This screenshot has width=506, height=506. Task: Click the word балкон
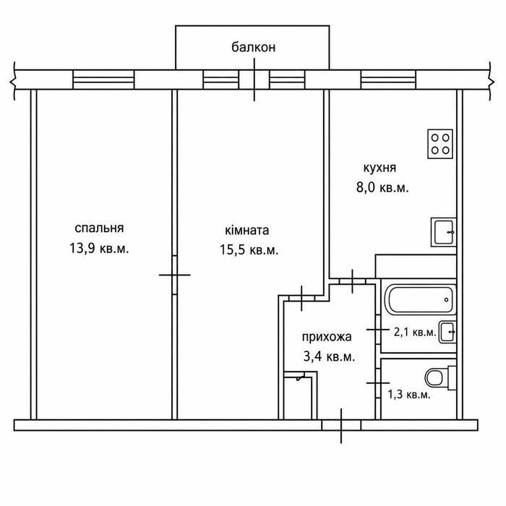253,47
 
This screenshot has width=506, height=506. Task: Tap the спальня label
99,228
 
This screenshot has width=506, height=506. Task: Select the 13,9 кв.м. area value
99,249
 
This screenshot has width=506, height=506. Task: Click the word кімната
247,230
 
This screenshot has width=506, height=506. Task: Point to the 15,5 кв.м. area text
249,250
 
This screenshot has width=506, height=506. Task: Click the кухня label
379,168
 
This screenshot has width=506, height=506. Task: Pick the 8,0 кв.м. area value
382,187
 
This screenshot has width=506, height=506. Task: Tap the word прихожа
327,337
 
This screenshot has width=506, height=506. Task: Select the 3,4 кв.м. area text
329,357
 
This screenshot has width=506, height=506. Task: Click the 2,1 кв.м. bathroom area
415,332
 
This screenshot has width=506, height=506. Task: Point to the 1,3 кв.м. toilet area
409,395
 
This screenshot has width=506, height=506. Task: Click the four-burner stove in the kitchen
440,144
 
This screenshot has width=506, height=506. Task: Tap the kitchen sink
444,232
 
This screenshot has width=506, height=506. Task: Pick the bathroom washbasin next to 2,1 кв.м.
447,332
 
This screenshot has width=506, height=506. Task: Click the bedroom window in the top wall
103,80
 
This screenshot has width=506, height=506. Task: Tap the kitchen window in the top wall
388,80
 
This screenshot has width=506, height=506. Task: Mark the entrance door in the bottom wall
341,425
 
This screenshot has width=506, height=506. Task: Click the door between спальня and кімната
175,275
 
